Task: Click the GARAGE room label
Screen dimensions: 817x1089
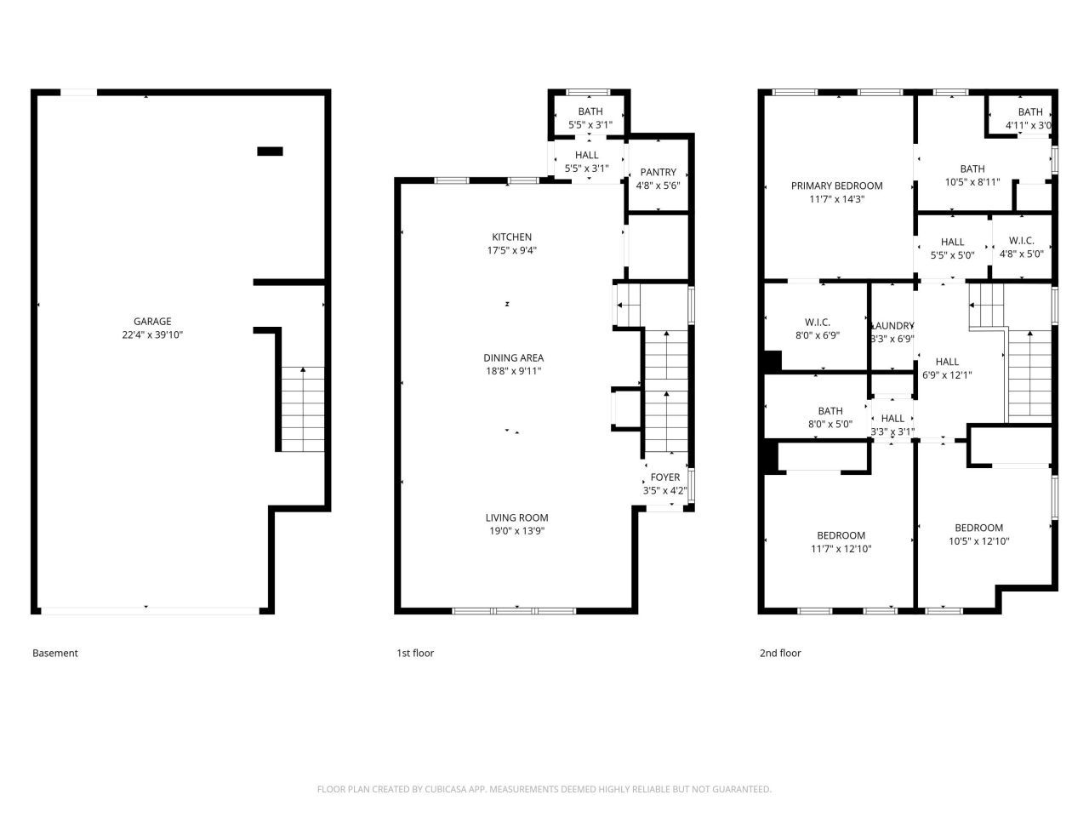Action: coord(152,322)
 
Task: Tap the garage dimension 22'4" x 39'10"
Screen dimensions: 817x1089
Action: coord(152,335)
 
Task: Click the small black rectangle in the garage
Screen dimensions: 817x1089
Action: coord(270,151)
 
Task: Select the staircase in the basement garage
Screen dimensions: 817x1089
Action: coord(302,408)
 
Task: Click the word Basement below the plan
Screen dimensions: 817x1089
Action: coord(55,654)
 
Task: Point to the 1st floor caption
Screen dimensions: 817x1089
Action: coord(415,654)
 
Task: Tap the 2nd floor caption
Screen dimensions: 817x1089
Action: coord(780,654)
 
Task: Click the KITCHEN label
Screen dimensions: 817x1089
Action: coord(511,237)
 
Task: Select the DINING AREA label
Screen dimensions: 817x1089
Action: coord(513,358)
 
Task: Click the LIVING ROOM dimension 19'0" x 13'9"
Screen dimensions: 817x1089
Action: coord(516,531)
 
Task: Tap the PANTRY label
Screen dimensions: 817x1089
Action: coord(658,173)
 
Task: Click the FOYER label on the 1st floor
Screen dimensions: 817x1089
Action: coord(664,477)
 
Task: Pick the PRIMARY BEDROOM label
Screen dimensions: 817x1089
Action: coord(836,186)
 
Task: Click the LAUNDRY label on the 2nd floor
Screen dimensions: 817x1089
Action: coord(892,326)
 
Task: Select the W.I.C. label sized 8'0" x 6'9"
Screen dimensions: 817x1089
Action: coord(817,323)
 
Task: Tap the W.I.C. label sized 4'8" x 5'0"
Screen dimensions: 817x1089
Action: coord(1021,242)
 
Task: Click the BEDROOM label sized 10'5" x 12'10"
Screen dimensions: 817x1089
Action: coord(978,528)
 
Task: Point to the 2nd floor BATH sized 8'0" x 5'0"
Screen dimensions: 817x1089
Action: coord(830,412)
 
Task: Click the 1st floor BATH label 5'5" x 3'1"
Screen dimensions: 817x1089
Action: coord(590,112)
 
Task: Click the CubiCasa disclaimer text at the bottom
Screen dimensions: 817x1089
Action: coord(544,790)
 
